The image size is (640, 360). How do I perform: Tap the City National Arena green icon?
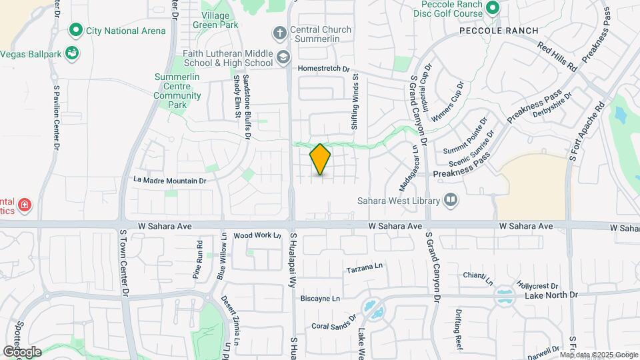pos(75,31)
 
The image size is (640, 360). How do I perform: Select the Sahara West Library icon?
pos(451,200)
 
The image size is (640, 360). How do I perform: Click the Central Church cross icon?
pos(281,32)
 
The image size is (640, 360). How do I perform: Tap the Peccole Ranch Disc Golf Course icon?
pos(492,8)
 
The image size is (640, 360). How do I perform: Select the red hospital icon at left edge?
pos(24,205)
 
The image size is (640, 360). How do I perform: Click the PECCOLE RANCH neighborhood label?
pos(489,31)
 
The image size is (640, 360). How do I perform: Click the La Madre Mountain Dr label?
pos(170,181)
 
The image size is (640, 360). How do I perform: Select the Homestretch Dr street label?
pos(323,69)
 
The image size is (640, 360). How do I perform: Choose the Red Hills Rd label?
pos(558,57)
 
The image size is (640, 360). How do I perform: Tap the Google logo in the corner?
pos(22,351)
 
